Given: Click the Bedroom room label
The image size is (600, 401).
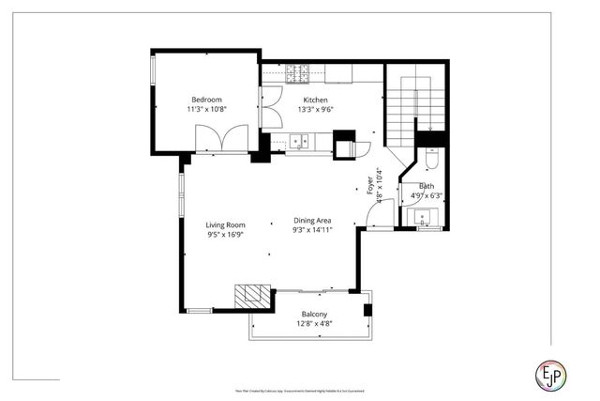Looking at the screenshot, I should click(x=206, y=100).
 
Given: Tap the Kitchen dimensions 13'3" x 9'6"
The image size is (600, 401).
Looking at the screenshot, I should click(x=315, y=109).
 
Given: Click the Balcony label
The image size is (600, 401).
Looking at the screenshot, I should click(x=314, y=314).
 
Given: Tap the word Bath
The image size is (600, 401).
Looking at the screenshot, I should click(x=427, y=186).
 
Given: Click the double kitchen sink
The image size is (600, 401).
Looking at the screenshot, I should click(x=300, y=143).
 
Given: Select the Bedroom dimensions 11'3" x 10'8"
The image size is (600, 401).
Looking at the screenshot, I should click(x=206, y=109).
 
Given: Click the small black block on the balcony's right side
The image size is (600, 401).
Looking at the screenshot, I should click(x=369, y=309).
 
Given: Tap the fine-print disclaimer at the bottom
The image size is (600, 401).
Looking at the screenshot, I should click(x=299, y=390).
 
